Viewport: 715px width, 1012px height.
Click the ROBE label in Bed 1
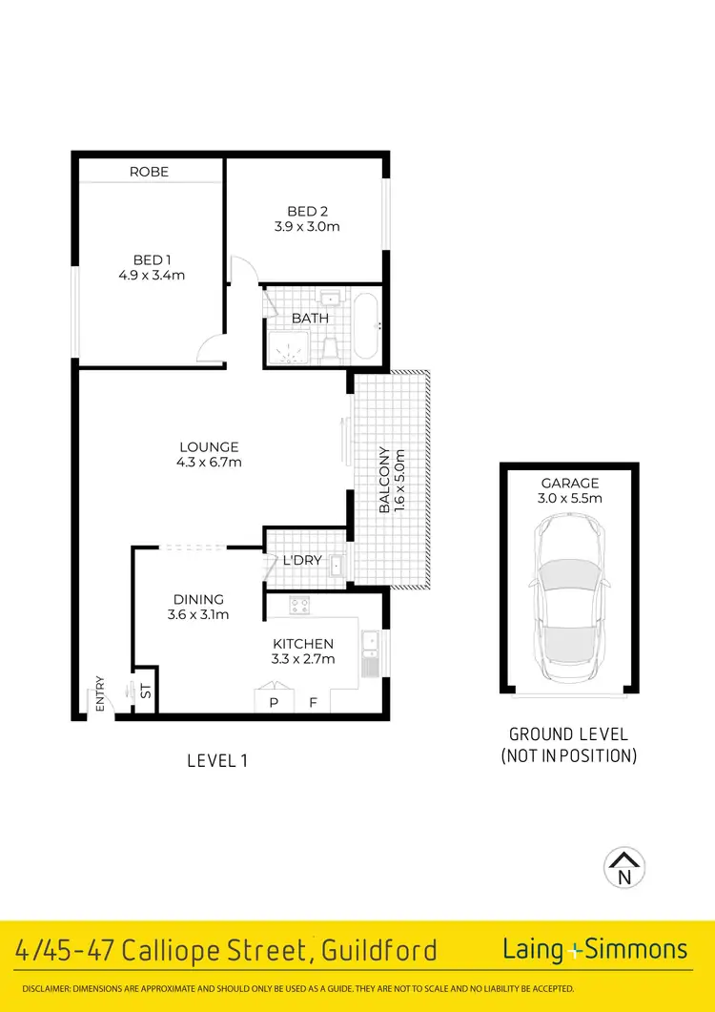pyautogui.click(x=149, y=172)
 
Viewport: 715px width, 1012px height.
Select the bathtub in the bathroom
pyautogui.click(x=366, y=326)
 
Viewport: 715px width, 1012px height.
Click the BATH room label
pyautogui.click(x=310, y=318)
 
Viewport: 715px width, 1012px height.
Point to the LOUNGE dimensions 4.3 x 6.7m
pyautogui.click(x=209, y=463)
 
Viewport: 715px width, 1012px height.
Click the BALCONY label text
pyautogui.click(x=385, y=481)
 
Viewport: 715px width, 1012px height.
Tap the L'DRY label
pyautogui.click(x=302, y=560)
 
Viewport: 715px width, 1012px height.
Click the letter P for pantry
pyautogui.click(x=274, y=704)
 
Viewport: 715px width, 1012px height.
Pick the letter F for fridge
pyautogui.click(x=313, y=704)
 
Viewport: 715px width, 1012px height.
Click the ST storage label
pyautogui.click(x=146, y=691)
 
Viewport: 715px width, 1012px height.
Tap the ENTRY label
pyautogui.click(x=99, y=693)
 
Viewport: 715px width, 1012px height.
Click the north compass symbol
pyautogui.click(x=624, y=867)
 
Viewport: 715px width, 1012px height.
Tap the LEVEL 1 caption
pyautogui.click(x=216, y=760)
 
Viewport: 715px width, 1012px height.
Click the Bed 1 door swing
pyautogui.click(x=210, y=352)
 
